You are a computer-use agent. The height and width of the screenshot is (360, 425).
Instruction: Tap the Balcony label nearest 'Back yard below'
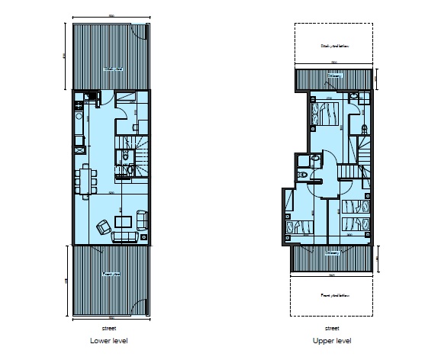pos(334,75)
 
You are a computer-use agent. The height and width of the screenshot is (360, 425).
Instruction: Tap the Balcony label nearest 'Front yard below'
pos(332,252)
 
